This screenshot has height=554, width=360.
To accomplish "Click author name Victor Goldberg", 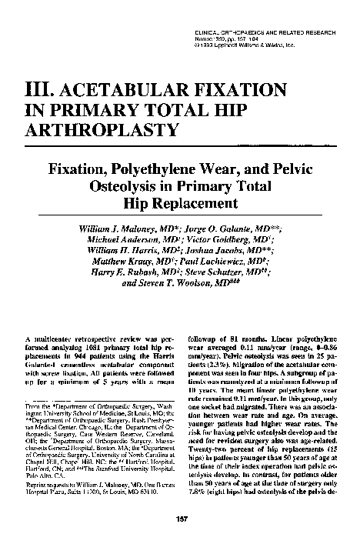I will click(230, 243).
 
